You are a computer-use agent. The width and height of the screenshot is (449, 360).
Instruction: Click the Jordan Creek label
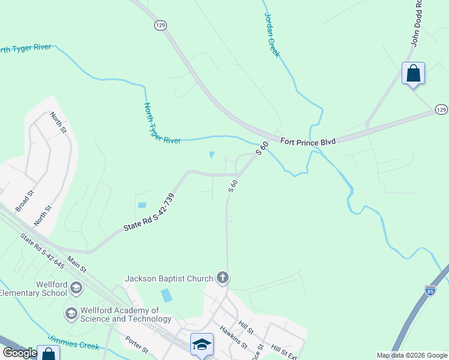[x=272, y=35]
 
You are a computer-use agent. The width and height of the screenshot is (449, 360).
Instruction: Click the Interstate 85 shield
[x=430, y=290]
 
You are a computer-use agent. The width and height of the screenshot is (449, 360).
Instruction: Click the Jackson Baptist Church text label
[x=169, y=278]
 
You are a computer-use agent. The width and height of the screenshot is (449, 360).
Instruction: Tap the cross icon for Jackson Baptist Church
[x=223, y=278]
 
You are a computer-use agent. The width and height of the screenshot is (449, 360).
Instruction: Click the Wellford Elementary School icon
[x=76, y=289]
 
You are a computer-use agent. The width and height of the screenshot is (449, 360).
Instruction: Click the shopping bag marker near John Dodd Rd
[x=413, y=73]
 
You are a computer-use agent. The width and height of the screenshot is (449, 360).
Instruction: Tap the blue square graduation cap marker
[x=202, y=344]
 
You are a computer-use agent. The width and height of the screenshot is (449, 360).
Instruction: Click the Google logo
[x=20, y=353]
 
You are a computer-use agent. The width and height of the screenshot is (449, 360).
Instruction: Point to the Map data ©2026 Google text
[x=412, y=355]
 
